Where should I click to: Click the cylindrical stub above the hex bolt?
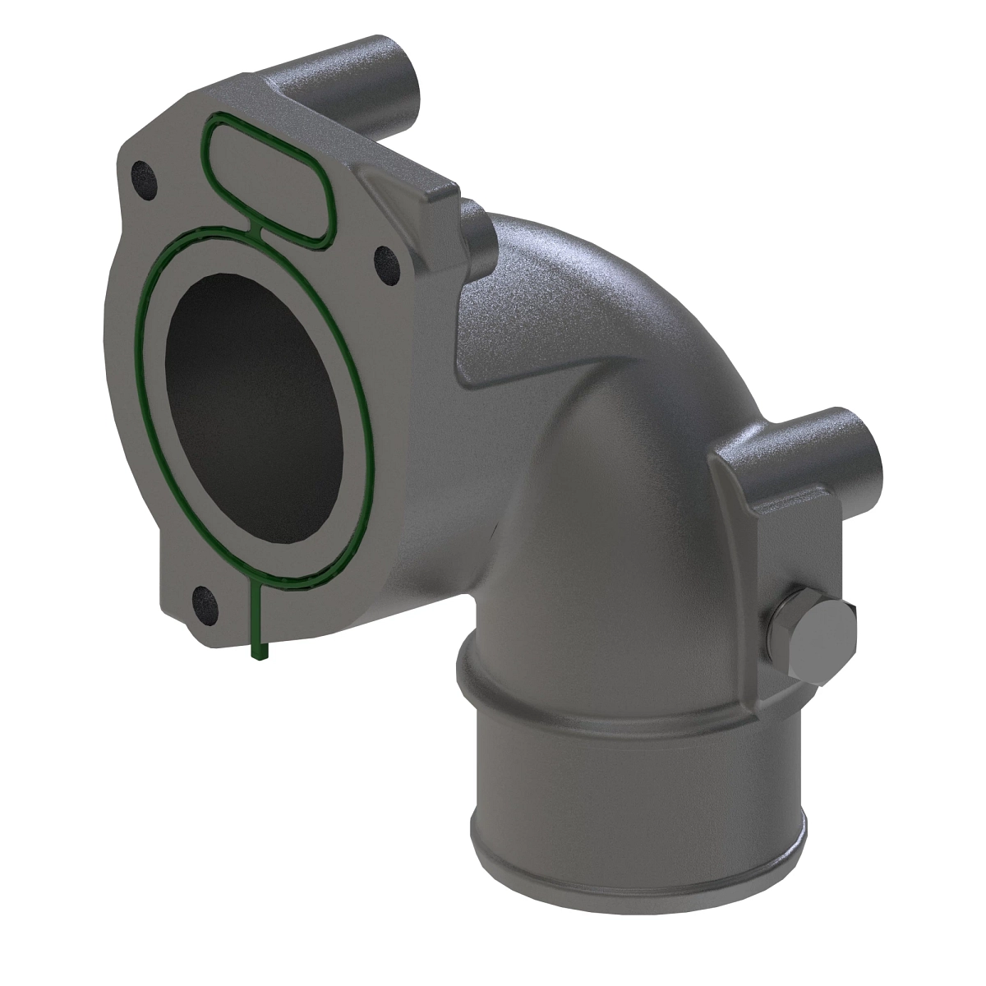tap(830, 444)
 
